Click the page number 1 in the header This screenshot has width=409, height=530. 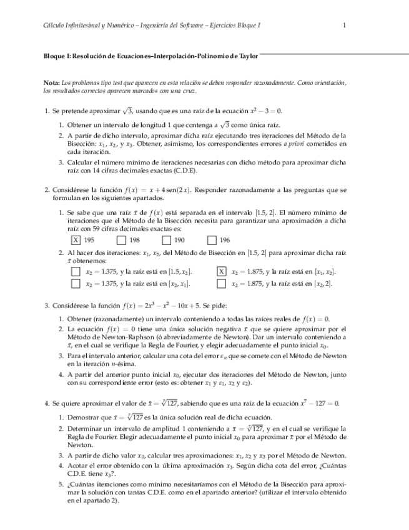pyautogui.click(x=344, y=25)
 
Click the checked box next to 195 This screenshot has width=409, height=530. pyautogui.click(x=76, y=239)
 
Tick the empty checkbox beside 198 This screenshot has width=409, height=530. pyautogui.click(x=121, y=239)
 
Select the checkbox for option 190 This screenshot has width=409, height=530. pyautogui.click(x=165, y=239)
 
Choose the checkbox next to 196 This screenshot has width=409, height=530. pyautogui.click(x=211, y=239)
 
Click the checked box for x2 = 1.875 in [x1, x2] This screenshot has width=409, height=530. pyautogui.click(x=221, y=271)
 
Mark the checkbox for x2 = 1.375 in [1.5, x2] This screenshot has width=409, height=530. pyautogui.click(x=76, y=271)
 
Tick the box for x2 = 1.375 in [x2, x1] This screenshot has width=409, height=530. pyautogui.click(x=76, y=283)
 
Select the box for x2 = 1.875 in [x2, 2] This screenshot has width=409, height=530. pyautogui.click(x=221, y=283)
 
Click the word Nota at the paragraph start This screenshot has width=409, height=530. pyautogui.click(x=52, y=83)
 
